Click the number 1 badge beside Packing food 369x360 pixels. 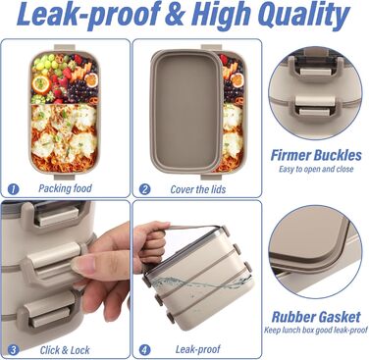click(13, 189)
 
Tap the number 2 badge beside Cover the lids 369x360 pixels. click(144, 189)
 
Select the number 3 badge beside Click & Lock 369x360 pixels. click(13, 350)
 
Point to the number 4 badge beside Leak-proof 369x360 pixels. click(144, 350)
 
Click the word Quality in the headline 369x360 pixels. click(303, 16)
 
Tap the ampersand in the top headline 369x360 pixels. click(175, 15)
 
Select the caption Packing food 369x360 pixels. click(65, 188)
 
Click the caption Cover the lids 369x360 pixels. click(198, 189)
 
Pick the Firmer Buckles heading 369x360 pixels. click(316, 155)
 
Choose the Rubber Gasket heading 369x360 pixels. click(316, 317)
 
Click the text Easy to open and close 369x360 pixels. click(316, 169)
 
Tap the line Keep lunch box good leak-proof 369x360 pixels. click(316, 330)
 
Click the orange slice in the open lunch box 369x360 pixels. click(41, 84)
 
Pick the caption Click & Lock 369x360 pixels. click(65, 350)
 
